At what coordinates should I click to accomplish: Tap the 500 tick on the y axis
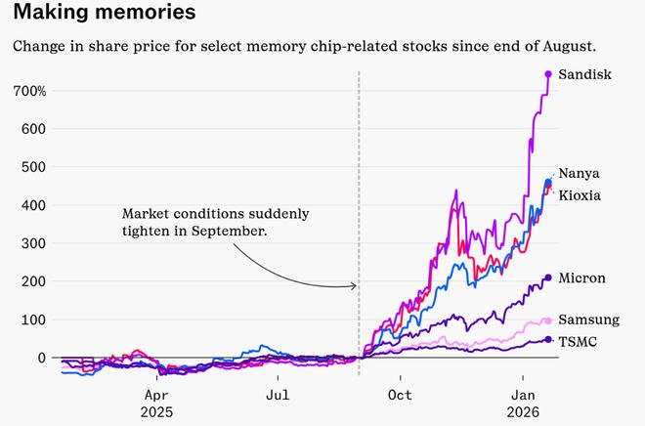(x=34, y=167)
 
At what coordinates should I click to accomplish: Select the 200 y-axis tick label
(x=34, y=281)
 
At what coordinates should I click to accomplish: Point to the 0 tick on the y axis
(x=42, y=358)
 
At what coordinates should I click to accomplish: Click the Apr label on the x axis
(x=156, y=395)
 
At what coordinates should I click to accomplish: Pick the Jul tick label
(x=278, y=395)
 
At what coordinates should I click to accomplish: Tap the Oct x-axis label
(x=400, y=395)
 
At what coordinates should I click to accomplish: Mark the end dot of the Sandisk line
(x=548, y=74)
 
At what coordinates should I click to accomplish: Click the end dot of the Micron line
(x=548, y=278)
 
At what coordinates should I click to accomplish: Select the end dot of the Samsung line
(x=548, y=320)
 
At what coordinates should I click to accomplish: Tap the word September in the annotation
(x=230, y=232)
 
